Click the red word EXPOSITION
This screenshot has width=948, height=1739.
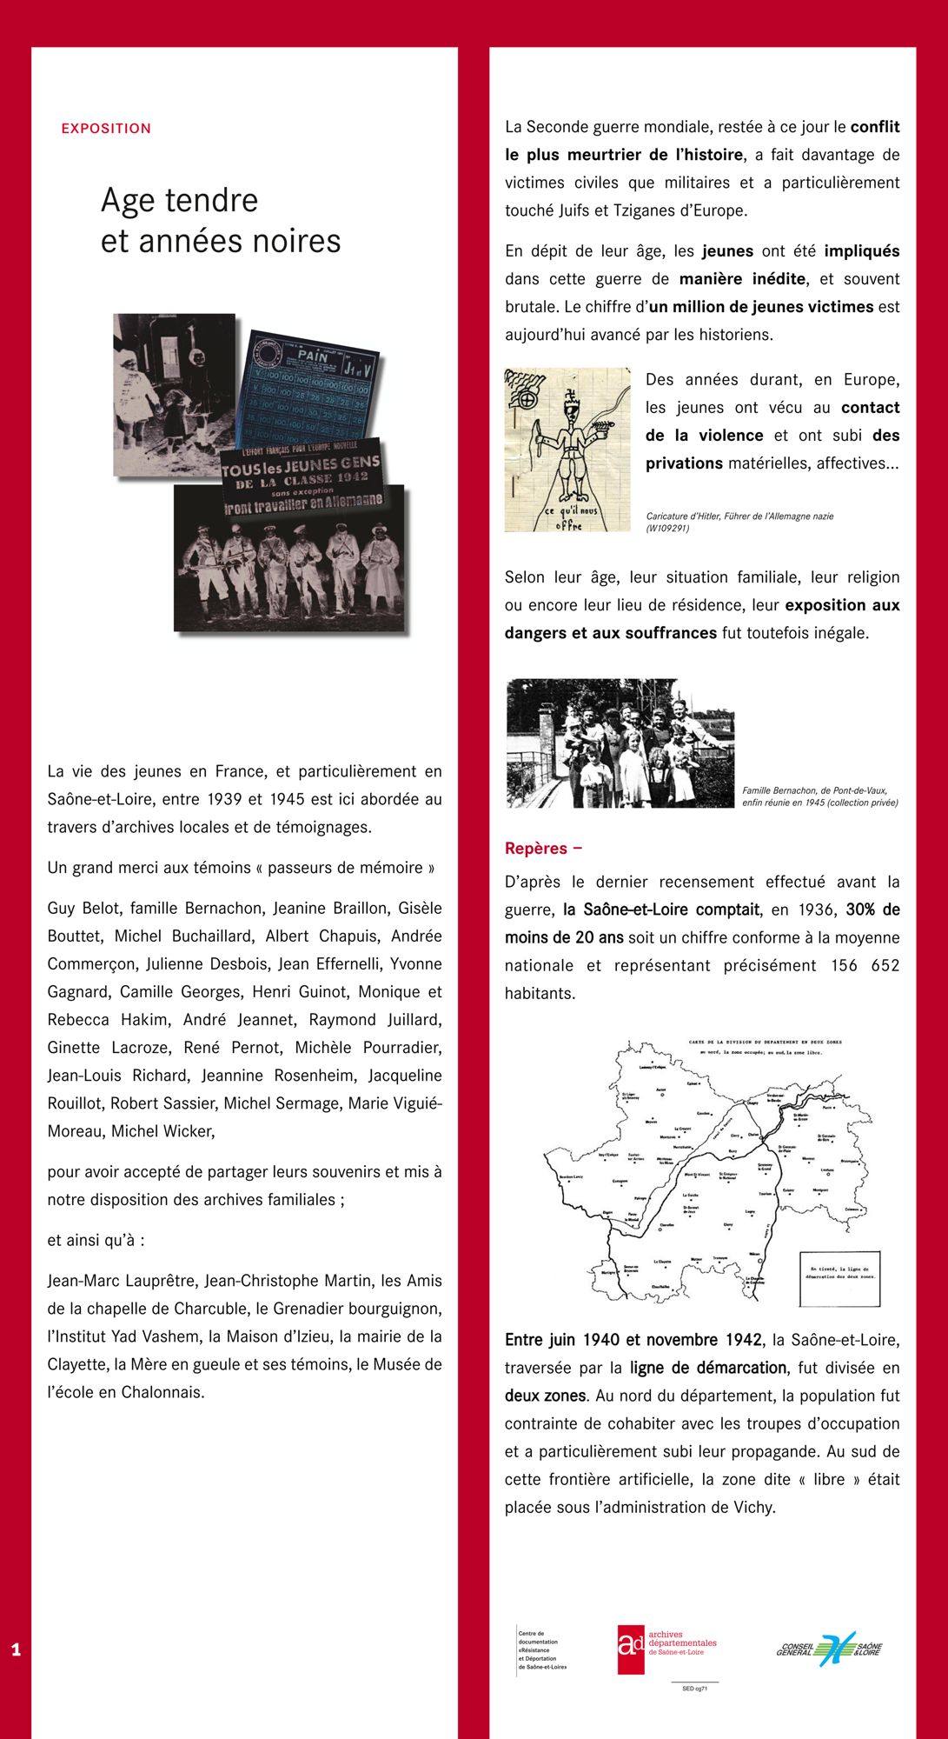[106, 129]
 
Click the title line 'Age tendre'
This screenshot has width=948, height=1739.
[180, 201]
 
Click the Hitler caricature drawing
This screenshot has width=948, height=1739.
[567, 450]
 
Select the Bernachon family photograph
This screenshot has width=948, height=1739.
[620, 743]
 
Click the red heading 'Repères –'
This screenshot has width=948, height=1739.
[543, 849]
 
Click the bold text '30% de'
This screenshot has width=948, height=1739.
[872, 909]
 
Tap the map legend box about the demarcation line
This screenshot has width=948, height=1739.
[839, 1279]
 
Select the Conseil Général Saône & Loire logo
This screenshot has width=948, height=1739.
[829, 1649]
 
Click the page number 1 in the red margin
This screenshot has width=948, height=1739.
[16, 1650]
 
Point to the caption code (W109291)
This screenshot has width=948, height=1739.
[667, 528]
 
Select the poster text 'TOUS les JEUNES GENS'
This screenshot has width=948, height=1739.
[301, 465]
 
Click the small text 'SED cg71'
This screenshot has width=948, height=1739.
[694, 1689]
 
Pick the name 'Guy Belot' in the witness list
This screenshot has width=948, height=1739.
[82, 908]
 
